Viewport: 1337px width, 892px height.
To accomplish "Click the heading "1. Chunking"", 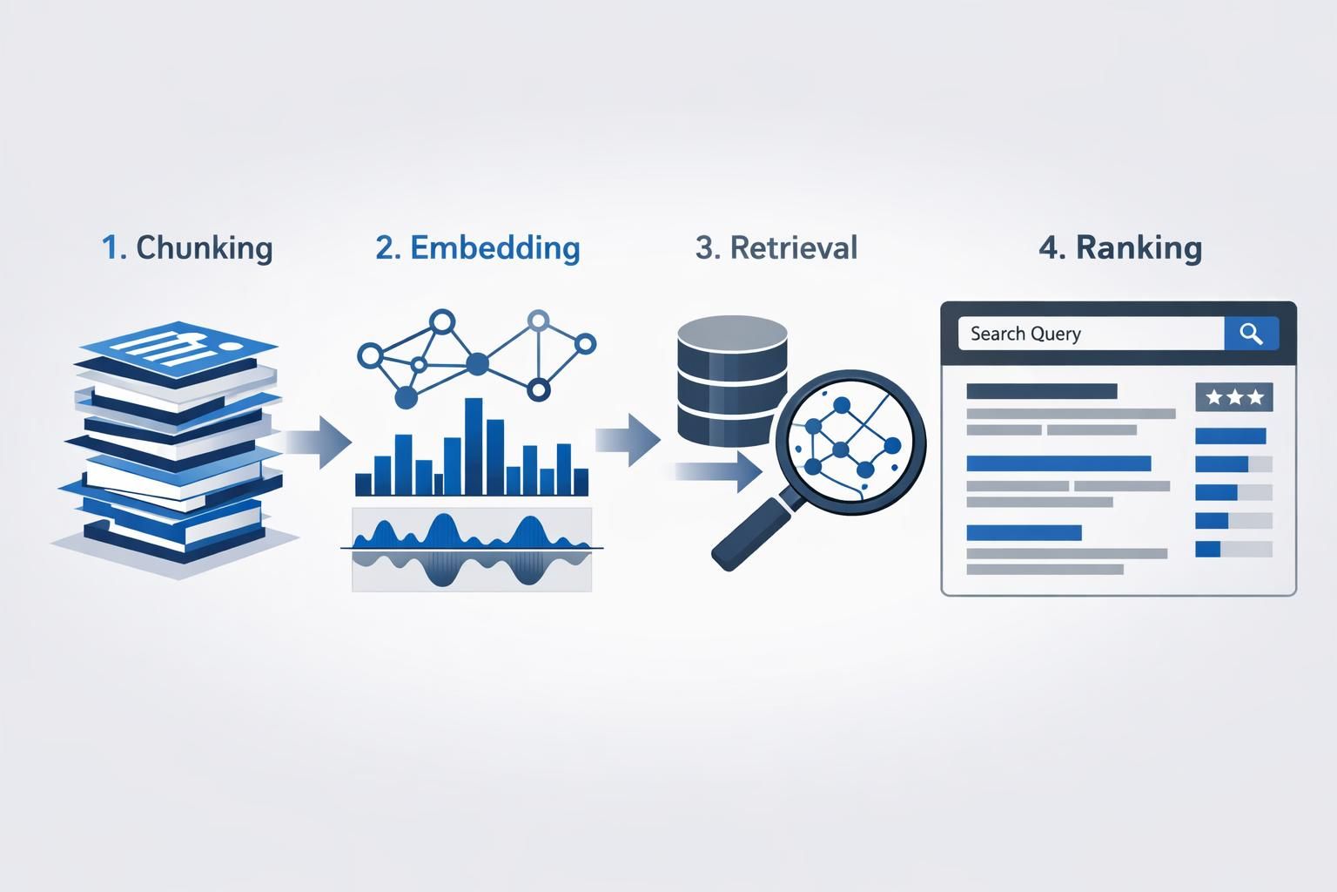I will point(187,247).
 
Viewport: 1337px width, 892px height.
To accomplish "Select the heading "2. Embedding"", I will point(478,247).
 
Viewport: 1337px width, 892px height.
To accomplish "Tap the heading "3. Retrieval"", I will point(776,247).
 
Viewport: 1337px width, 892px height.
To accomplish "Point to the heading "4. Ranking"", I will point(1120,247).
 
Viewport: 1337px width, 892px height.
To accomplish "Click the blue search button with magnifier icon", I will point(1251,334).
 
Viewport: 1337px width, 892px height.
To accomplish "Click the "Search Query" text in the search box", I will point(1025,334).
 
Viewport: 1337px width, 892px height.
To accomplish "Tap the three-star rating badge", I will point(1234,397).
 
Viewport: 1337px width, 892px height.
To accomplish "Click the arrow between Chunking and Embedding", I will point(318,441).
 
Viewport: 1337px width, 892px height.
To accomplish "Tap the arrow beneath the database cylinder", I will point(718,471).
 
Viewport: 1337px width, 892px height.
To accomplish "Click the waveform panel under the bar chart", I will point(472,550).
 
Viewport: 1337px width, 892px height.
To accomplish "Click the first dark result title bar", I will point(1041,391).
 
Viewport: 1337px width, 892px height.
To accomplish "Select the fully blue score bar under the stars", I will point(1230,436).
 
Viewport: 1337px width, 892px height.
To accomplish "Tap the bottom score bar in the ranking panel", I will point(1233,549).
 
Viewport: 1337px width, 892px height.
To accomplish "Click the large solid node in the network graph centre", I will point(477,363).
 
